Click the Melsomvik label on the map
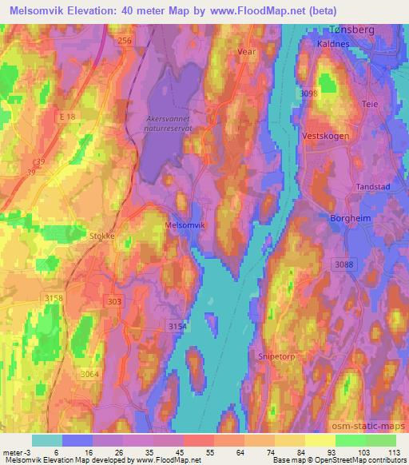185,225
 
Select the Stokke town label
102,236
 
